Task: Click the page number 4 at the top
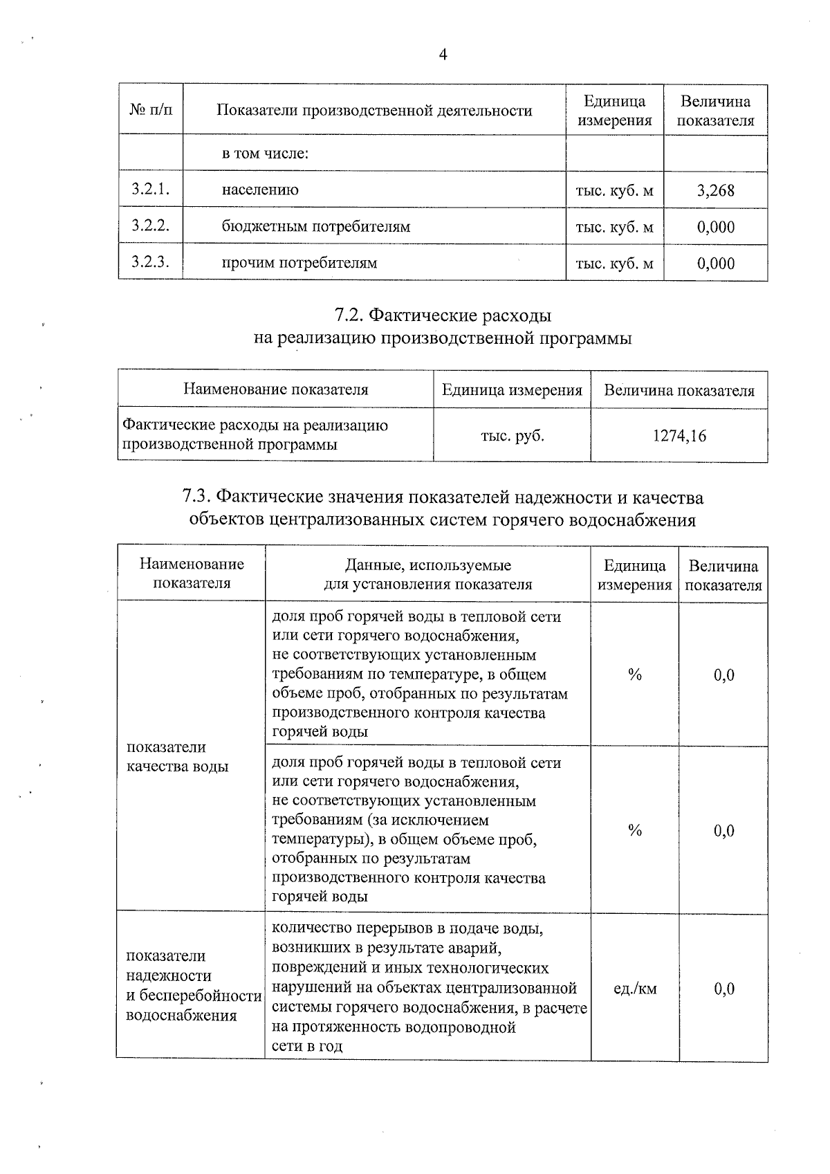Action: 443,55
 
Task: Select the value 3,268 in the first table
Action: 716,190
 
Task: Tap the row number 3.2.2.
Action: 150,226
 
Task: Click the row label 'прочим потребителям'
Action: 299,263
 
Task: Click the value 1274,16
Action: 679,436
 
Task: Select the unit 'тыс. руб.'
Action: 512,436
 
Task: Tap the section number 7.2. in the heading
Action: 350,315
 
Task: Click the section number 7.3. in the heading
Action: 196,497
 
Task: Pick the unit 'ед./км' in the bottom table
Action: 635,989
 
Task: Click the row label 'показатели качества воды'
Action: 177,757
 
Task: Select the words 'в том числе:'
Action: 264,154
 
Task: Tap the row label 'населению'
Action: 260,190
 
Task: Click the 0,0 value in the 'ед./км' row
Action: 723,989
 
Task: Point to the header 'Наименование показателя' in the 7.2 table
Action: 275,389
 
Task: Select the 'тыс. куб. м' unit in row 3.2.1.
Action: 614,190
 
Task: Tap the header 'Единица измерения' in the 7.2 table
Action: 512,390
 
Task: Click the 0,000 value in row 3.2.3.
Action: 716,263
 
